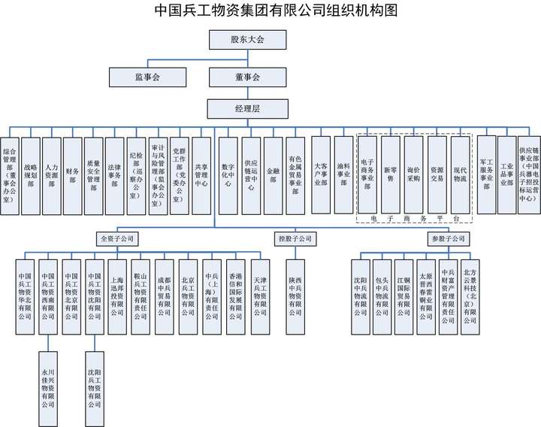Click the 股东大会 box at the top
coord(247,39)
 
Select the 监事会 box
coord(147,77)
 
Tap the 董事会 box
coord(247,77)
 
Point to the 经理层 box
coord(247,109)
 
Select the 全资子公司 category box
coord(116,239)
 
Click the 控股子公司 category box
coord(295,239)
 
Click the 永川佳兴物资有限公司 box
coord(48,388)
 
